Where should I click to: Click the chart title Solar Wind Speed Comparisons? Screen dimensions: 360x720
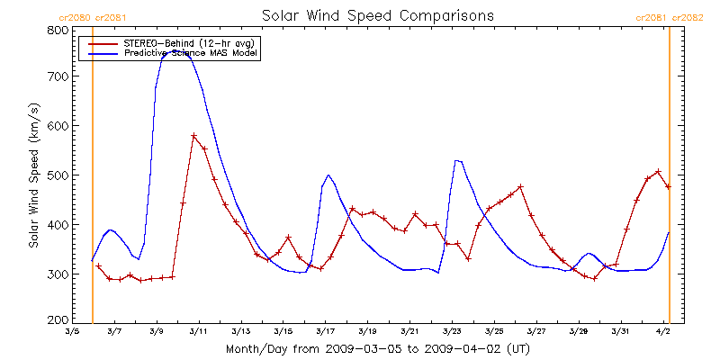point(377,16)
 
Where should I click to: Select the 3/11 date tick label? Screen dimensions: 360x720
point(198,332)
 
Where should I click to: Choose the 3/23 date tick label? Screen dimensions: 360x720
point(451,332)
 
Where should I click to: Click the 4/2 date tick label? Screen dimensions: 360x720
point(662,332)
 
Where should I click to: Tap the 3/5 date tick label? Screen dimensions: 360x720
point(72,332)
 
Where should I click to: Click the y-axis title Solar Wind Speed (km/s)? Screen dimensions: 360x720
point(34,175)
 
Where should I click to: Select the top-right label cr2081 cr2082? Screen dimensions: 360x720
point(670,17)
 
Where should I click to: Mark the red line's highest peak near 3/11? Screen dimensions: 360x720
point(193,136)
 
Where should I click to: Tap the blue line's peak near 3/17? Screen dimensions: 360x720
point(328,175)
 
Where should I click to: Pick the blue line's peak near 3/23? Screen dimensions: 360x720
point(457,160)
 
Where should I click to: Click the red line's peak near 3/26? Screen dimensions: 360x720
point(521,186)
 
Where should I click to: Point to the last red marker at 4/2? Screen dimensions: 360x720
point(668,186)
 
